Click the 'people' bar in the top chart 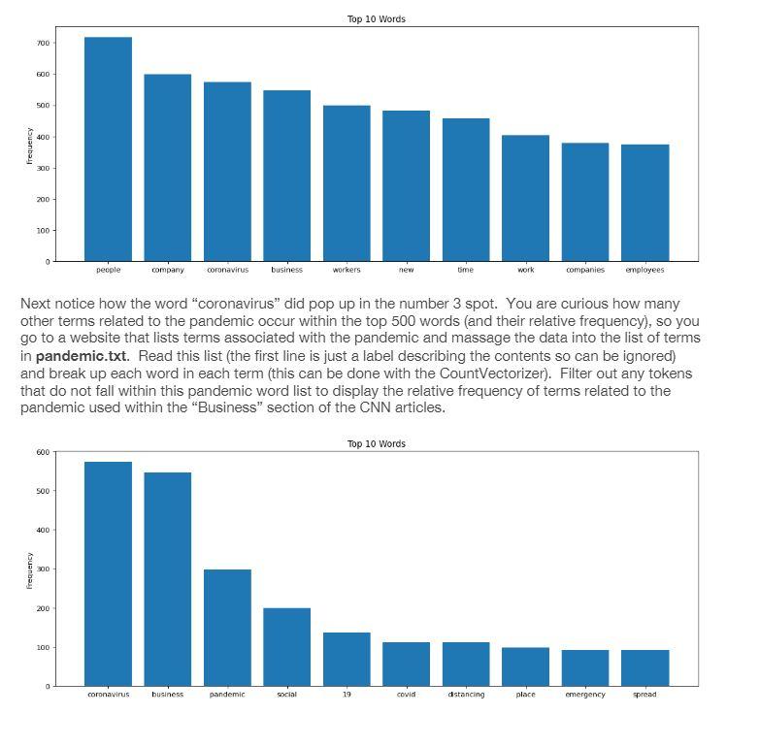[108, 149]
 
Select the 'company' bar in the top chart [168, 168]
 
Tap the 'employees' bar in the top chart [644, 203]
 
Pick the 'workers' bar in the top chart [347, 183]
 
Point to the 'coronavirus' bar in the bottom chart [108, 573]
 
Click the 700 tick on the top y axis [43, 44]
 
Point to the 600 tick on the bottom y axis [43, 452]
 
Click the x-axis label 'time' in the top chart [466, 270]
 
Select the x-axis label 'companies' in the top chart [585, 270]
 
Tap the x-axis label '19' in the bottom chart [347, 695]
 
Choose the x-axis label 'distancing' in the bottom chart [466, 695]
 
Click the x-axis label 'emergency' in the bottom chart [585, 695]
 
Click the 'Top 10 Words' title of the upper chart [377, 19]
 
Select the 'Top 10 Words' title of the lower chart [377, 443]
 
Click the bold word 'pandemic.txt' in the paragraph [82, 356]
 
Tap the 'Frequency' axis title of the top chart [29, 146]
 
